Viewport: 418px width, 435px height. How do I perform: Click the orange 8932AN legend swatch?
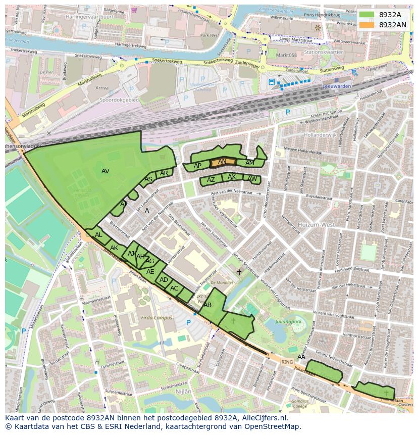(x=367, y=24)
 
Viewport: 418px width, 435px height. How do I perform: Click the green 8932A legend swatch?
(x=367, y=15)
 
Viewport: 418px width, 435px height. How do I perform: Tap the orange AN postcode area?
(x=223, y=162)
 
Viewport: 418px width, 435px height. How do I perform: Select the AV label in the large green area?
(x=105, y=171)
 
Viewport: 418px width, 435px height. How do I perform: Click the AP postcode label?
(x=198, y=166)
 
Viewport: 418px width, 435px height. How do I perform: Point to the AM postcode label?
(x=249, y=163)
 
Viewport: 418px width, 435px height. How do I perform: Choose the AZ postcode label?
(x=211, y=180)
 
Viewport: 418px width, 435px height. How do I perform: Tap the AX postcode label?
(x=232, y=177)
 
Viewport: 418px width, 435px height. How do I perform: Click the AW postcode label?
(x=252, y=179)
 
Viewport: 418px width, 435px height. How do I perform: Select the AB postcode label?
(x=207, y=305)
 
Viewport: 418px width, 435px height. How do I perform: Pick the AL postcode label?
(x=98, y=235)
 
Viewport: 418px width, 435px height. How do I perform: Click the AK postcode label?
(x=114, y=248)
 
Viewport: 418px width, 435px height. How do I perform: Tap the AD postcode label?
(x=164, y=279)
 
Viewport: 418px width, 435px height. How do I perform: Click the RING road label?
(x=287, y=362)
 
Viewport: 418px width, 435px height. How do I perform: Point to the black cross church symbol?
(x=239, y=272)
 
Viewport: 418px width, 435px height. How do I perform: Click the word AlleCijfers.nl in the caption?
(x=263, y=418)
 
